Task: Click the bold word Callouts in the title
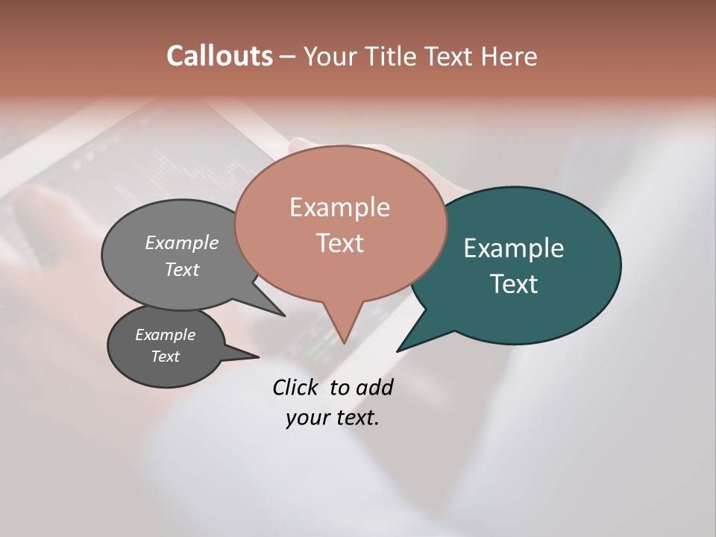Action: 219,56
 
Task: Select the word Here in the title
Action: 509,56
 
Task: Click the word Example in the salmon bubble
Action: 339,207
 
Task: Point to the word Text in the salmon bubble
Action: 340,243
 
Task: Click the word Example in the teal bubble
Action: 513,248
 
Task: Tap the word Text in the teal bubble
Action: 514,284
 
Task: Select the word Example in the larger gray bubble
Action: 181,243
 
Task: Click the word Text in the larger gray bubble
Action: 181,269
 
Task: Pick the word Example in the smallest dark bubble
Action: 165,335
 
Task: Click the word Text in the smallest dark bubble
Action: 165,357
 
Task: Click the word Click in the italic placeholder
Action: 295,387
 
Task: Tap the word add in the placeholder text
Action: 374,387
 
